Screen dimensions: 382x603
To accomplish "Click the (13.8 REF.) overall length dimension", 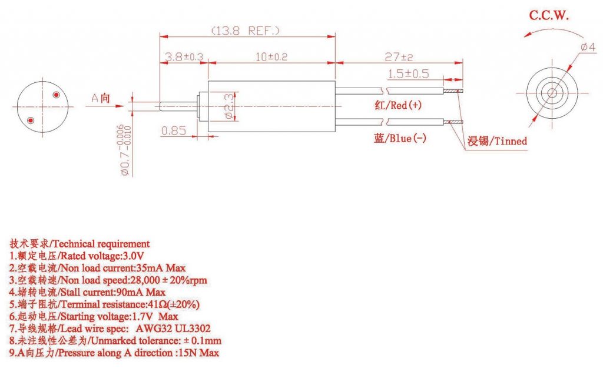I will point(245,30).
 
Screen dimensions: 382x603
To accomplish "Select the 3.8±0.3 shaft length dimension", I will point(183,57).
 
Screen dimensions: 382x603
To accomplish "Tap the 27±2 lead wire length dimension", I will point(399,57).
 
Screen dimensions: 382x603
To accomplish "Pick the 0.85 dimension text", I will point(174,131).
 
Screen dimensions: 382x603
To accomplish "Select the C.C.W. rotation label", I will point(549,16).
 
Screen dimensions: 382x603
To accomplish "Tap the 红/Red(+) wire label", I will point(398,106).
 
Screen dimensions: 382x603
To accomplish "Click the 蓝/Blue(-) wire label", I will point(400,139).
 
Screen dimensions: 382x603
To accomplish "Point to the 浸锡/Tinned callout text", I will point(497,141).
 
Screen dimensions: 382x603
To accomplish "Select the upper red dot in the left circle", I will point(57,95).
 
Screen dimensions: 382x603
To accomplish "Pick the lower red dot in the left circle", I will point(31,120).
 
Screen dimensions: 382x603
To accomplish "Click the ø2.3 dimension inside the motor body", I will point(230,106).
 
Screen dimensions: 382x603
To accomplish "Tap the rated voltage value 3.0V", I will point(132,256).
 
